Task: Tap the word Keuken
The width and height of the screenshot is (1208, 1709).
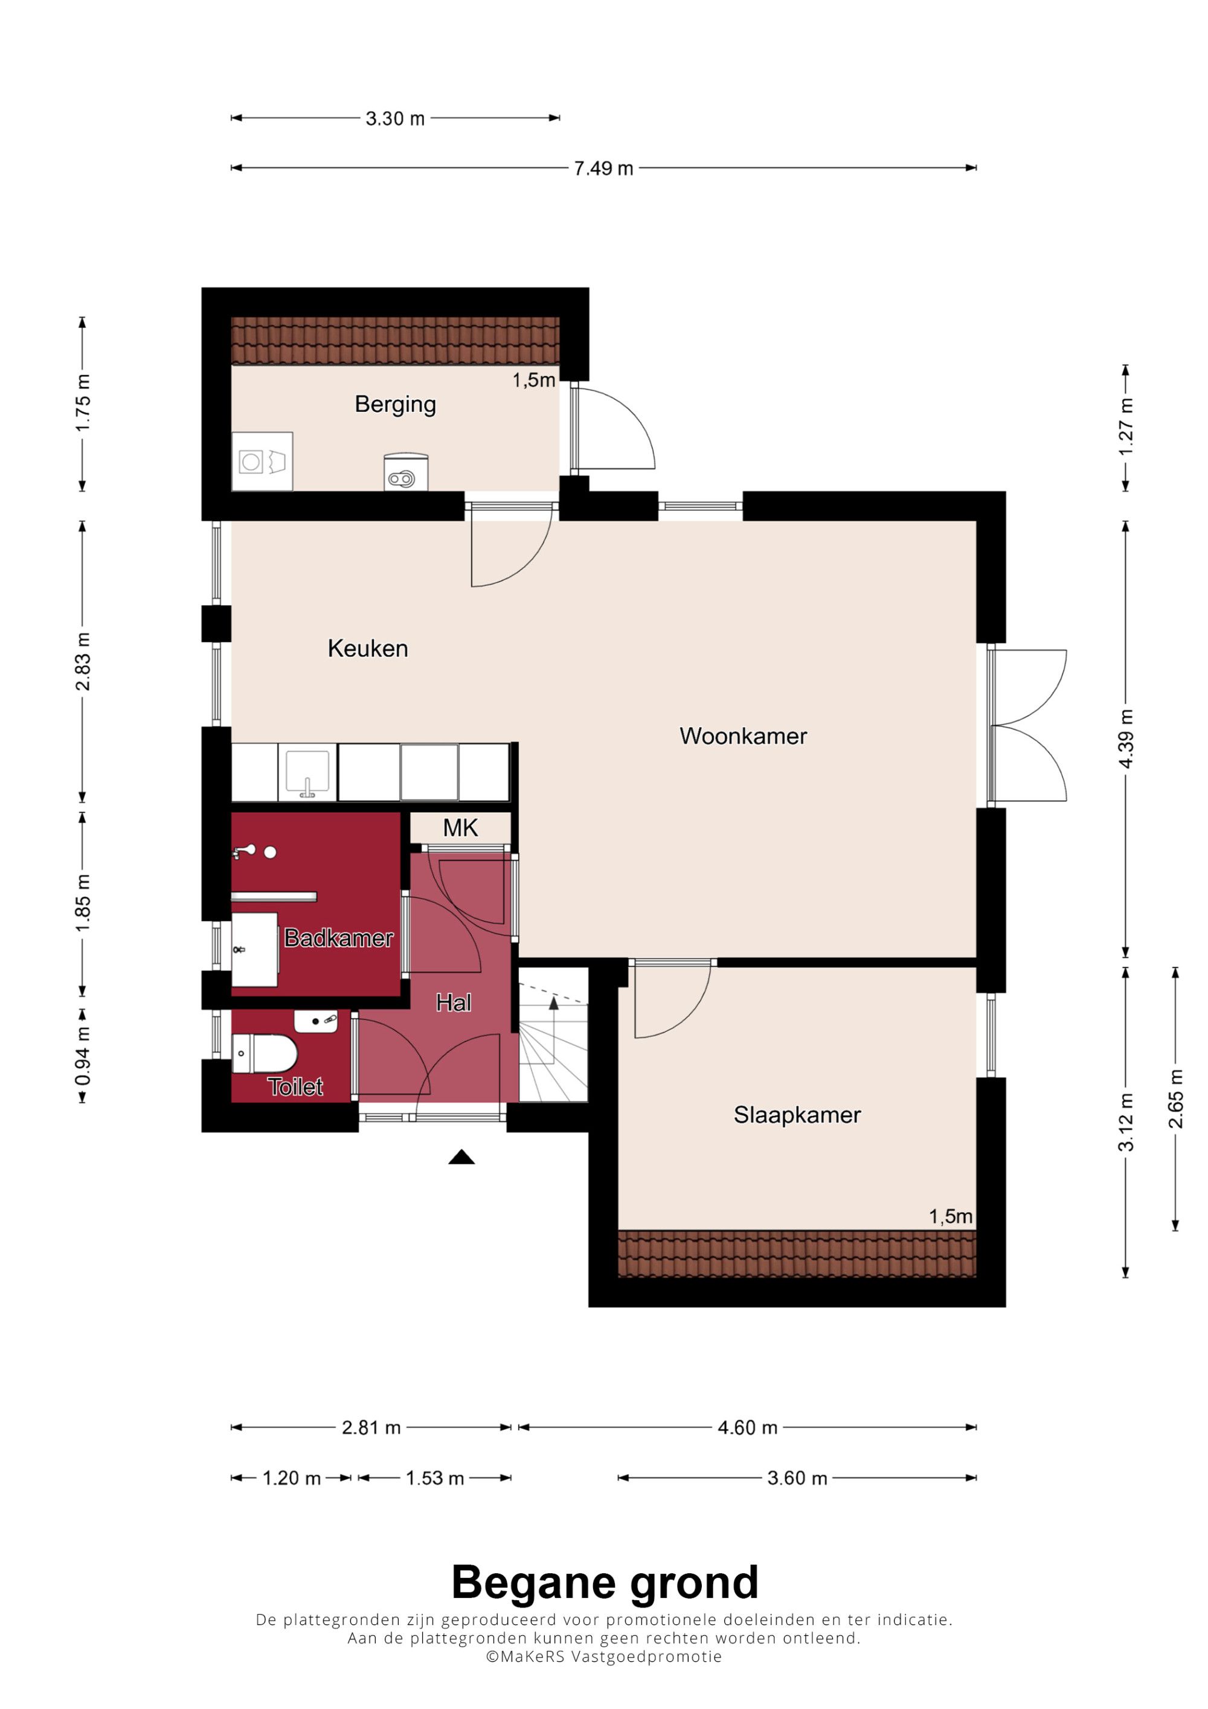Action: point(368,649)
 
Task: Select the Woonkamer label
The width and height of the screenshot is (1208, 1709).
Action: point(743,736)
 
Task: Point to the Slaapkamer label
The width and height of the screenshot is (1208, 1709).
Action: point(797,1114)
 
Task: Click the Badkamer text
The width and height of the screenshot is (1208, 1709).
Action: point(339,938)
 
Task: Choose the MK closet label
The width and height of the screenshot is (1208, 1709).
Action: point(460,828)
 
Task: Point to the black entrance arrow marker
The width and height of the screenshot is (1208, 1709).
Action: point(461,1156)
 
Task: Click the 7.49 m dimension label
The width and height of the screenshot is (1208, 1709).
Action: point(603,168)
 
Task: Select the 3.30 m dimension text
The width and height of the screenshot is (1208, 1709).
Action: point(394,118)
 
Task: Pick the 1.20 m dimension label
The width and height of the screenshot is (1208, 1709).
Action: point(291,1478)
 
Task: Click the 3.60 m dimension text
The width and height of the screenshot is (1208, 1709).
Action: point(797,1478)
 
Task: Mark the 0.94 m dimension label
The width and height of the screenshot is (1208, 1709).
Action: point(83,1055)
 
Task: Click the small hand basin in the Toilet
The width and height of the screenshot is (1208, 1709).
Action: point(316,1021)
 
